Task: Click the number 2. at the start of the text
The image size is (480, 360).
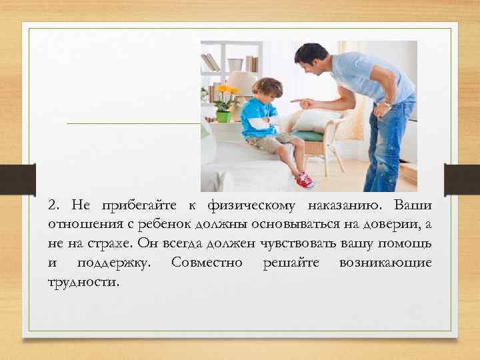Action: pyautogui.click(x=54, y=204)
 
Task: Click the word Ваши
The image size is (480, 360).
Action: pyautogui.click(x=413, y=204)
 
